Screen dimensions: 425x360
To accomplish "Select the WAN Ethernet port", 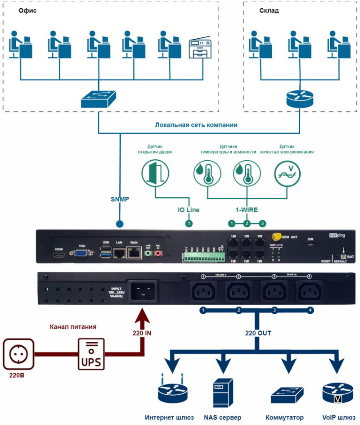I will coord(134,254).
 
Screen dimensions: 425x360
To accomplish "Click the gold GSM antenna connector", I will coord(278,236).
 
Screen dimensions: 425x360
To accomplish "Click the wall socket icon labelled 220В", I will coord(18,353).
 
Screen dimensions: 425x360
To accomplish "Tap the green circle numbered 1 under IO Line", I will coord(189,223).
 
